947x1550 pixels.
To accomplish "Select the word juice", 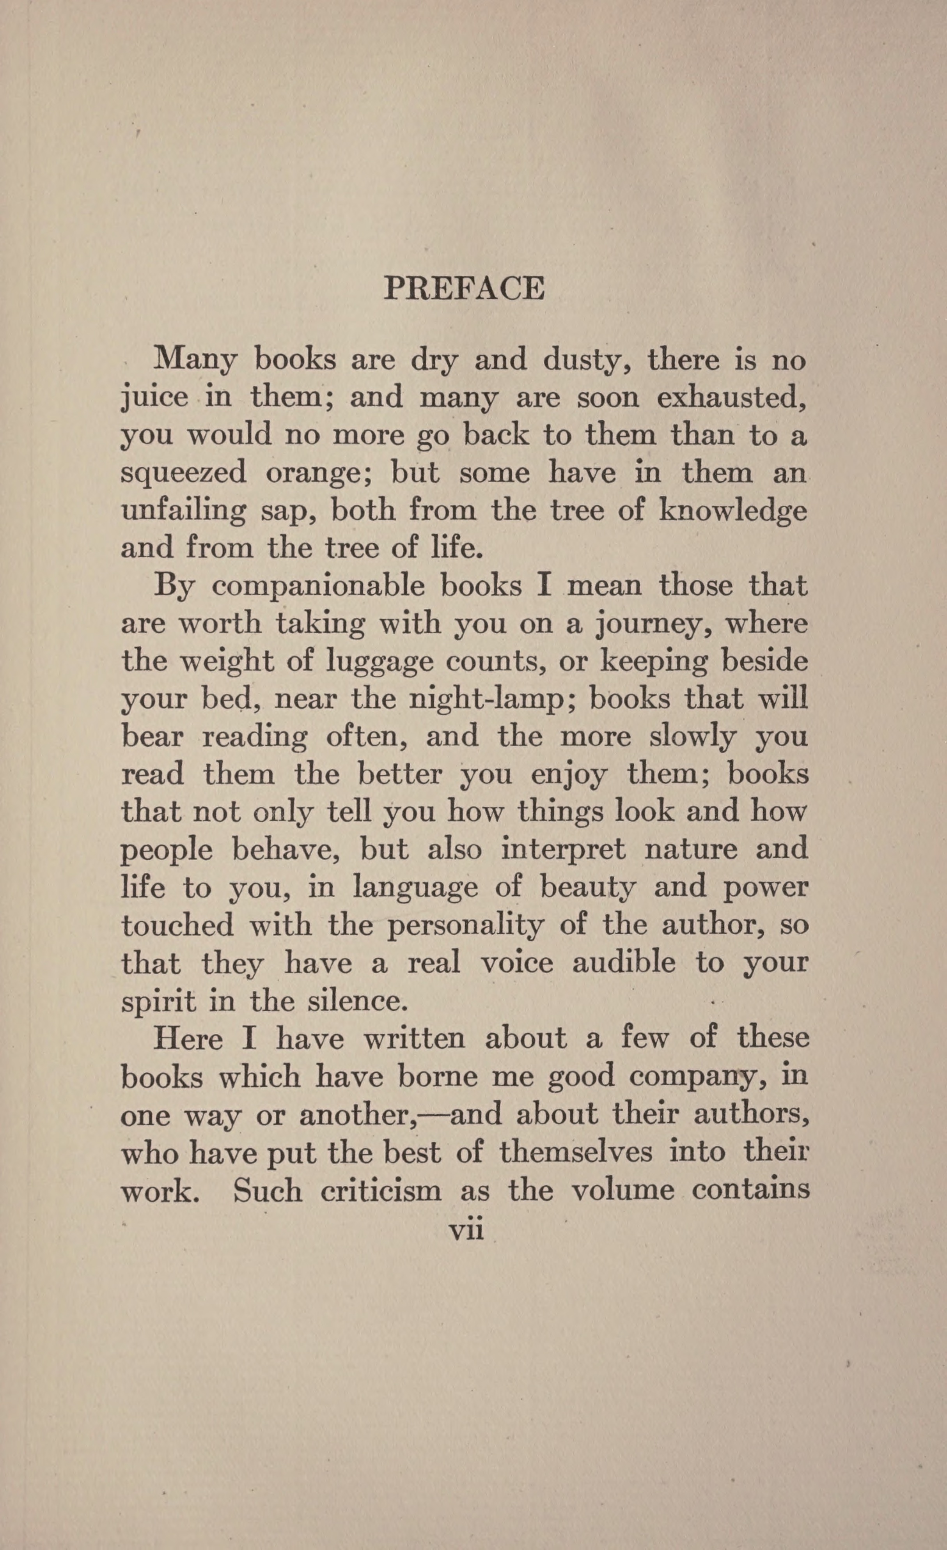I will [x=154, y=398].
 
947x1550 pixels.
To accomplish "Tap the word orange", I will [x=319, y=473].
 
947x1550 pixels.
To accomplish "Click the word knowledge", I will [x=732, y=510].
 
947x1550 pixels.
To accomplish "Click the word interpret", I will [x=563, y=849].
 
